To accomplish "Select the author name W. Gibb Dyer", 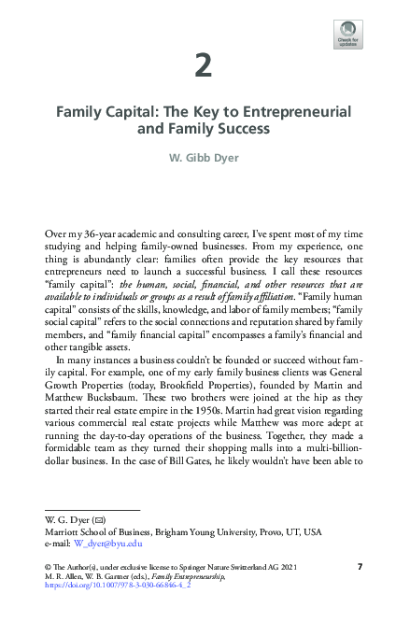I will point(204,156).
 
